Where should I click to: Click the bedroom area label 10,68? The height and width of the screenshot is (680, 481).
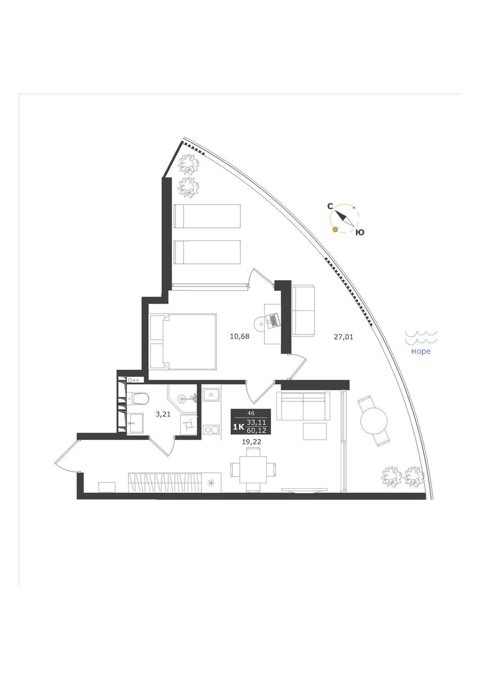240,336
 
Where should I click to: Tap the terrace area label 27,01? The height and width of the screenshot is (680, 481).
344,336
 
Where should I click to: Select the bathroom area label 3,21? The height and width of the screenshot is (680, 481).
163,414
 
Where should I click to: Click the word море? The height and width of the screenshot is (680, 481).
421,352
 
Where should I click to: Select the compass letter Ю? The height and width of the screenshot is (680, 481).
360,233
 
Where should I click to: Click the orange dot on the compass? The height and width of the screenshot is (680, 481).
335,230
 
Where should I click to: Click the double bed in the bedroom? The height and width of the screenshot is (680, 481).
183,342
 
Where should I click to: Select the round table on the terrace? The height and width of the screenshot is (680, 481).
374,421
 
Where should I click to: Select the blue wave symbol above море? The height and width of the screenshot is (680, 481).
421,338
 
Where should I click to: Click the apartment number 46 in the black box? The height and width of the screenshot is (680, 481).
251,413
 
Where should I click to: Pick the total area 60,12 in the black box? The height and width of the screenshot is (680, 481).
257,429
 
